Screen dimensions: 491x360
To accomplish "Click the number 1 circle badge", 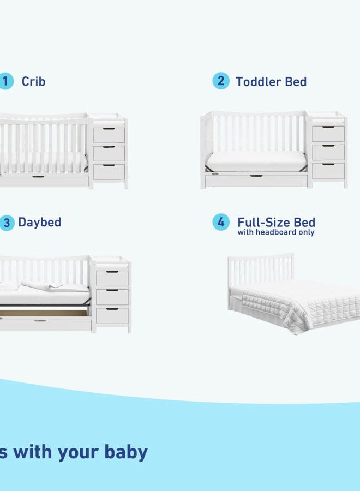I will click(x=6, y=82).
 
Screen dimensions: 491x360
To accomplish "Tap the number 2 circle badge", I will click(x=220, y=81).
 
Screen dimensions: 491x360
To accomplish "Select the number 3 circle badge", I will click(x=6, y=223).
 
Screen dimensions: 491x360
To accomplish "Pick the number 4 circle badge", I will click(x=220, y=223).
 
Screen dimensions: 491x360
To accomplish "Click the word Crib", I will click(x=33, y=82).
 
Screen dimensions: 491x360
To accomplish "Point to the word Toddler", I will click(x=255, y=82).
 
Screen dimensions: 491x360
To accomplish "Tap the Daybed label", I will click(x=39, y=223).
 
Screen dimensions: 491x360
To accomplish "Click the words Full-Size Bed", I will click(x=276, y=222).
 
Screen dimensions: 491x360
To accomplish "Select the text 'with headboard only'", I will click(x=275, y=232).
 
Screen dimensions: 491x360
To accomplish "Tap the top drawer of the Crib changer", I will click(x=109, y=135).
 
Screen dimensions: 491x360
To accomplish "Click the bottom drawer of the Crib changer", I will click(x=109, y=171).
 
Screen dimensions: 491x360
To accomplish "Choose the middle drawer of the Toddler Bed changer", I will click(x=328, y=152).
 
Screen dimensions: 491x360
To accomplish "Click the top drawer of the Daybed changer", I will click(x=112, y=278).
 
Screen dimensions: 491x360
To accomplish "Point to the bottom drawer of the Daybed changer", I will click(x=112, y=315).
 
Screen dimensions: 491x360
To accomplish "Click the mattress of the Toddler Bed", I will click(x=257, y=160).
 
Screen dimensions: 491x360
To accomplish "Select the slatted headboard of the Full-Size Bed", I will click(x=260, y=268).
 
